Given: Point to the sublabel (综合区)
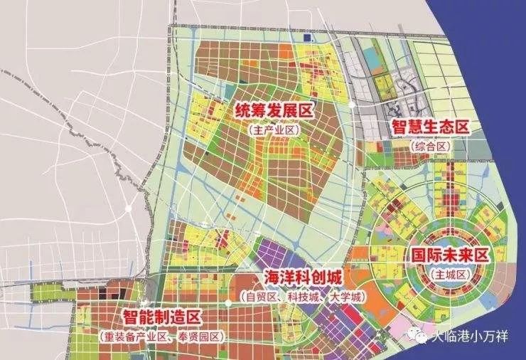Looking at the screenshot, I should (431, 146).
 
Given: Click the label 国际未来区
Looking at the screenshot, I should (450, 254).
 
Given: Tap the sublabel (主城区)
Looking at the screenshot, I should (449, 272).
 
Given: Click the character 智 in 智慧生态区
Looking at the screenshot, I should (399, 128).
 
